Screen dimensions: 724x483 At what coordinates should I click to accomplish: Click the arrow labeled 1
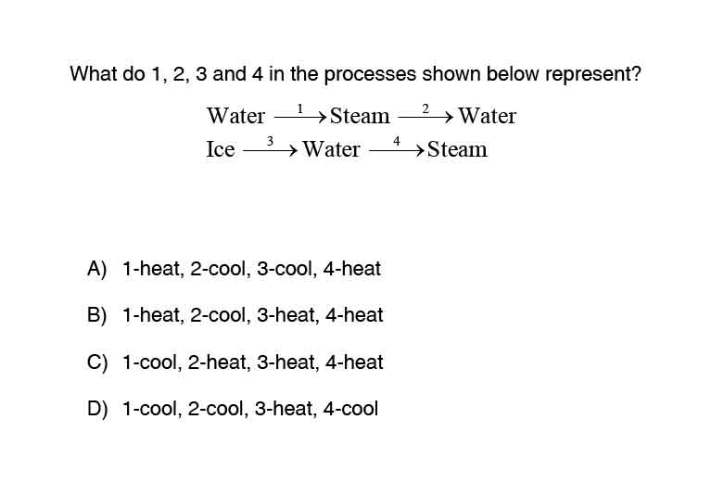[300, 118]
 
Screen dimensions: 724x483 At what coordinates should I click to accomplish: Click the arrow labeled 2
[426, 118]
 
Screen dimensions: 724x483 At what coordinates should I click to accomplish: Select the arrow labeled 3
[270, 150]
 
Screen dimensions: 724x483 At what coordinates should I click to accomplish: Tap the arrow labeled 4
[397, 150]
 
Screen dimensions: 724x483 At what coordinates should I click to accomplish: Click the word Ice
[221, 149]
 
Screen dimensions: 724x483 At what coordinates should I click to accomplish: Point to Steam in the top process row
[360, 116]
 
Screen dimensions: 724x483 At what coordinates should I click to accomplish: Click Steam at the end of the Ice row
[457, 149]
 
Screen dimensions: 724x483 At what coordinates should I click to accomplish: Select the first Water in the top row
[236, 116]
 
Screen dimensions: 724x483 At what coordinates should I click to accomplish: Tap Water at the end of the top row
[487, 116]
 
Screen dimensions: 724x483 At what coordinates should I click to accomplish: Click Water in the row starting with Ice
[331, 149]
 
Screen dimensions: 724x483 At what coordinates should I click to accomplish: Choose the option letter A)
[97, 269]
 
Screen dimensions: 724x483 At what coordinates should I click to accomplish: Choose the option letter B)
[97, 315]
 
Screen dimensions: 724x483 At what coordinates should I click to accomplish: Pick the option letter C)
[97, 362]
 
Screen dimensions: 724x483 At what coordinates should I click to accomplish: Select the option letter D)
[97, 409]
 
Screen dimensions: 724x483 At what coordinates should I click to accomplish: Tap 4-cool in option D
[350, 409]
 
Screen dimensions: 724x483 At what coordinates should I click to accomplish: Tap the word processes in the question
[370, 75]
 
